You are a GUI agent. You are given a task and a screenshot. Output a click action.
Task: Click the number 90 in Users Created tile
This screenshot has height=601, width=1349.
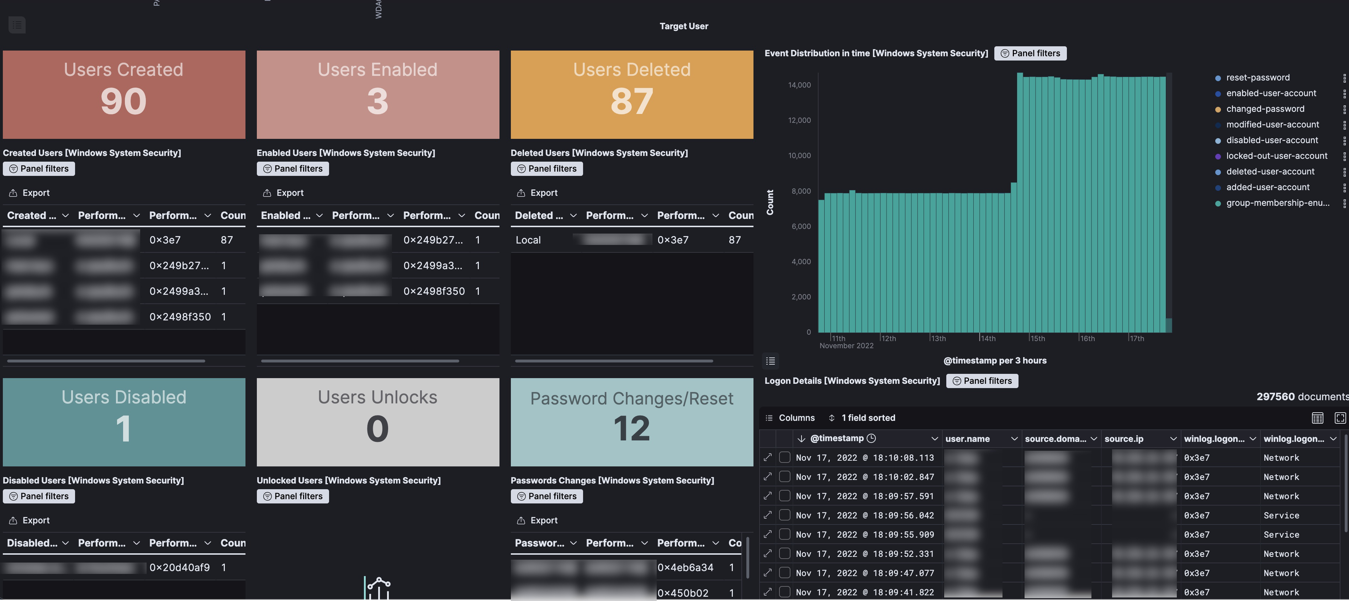pyautogui.click(x=123, y=102)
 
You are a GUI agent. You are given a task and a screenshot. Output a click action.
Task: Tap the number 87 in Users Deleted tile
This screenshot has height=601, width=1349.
pyautogui.click(x=631, y=102)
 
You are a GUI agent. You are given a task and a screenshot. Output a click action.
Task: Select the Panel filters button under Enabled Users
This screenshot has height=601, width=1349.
pyautogui.click(x=293, y=169)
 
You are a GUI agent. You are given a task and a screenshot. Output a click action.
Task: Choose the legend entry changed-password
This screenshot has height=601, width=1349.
pyautogui.click(x=1264, y=109)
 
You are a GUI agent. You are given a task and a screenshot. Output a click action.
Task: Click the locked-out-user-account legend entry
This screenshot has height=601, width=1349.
pyautogui.click(x=1276, y=156)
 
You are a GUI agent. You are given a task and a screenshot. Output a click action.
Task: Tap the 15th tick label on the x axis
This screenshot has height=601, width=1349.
pyautogui.click(x=1037, y=339)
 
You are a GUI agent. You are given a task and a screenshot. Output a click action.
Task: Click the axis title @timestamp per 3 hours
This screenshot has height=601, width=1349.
pyautogui.click(x=994, y=361)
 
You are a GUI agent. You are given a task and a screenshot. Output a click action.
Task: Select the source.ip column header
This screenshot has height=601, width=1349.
pyautogui.click(x=1123, y=439)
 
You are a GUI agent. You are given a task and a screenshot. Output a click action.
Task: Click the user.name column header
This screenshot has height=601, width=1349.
pyautogui.click(x=967, y=439)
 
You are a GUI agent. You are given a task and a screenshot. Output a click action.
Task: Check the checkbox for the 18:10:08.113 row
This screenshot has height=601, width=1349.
pyautogui.click(x=784, y=458)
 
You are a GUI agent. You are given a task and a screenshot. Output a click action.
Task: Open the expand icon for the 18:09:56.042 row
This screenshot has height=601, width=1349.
pyautogui.click(x=768, y=515)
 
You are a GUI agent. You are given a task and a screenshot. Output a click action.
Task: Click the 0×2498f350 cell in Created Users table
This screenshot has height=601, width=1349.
pyautogui.click(x=180, y=317)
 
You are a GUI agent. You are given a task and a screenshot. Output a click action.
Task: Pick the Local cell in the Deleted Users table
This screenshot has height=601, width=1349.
pyautogui.click(x=528, y=240)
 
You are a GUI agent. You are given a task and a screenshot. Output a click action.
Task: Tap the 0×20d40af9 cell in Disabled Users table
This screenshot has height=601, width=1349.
pyautogui.click(x=180, y=568)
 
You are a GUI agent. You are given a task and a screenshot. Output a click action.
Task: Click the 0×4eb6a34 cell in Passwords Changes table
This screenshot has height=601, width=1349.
pyautogui.click(x=685, y=568)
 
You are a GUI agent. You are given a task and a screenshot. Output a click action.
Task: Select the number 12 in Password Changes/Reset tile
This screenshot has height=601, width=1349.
pyautogui.click(x=631, y=429)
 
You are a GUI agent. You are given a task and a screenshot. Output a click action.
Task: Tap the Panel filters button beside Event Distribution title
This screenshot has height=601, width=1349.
pyautogui.click(x=1030, y=53)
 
